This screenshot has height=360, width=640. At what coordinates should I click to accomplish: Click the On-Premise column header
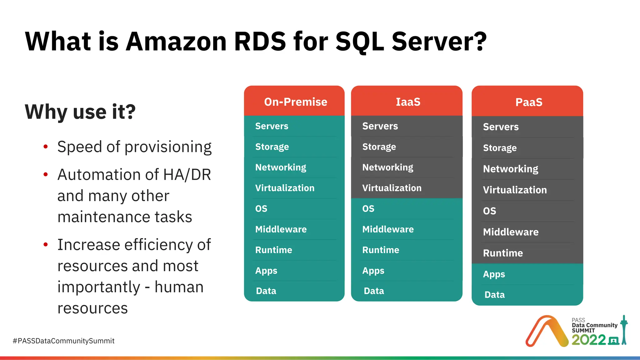[x=295, y=102]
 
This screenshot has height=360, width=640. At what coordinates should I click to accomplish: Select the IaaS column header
[x=408, y=102]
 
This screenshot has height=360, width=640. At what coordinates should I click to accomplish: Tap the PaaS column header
[x=528, y=102]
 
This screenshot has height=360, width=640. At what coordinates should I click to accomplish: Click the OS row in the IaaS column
[x=368, y=209]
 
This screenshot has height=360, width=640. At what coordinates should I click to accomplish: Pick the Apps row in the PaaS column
[x=494, y=274]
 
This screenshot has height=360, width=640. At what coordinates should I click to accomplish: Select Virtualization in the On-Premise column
[x=285, y=188]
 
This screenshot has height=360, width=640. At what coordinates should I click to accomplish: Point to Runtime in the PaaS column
[x=503, y=253]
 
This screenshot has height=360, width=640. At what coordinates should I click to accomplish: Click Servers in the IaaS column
[x=380, y=126]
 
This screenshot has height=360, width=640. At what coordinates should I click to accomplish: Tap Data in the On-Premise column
[x=266, y=291]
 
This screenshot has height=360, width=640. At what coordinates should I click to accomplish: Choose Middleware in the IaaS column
[x=388, y=229]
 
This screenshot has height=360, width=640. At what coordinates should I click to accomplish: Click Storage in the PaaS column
[x=500, y=148]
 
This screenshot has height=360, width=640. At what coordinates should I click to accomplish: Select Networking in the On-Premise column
[x=281, y=167]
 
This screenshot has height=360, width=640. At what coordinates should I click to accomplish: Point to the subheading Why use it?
[x=80, y=112]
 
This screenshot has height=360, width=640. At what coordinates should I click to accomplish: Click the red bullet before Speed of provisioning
[x=46, y=147]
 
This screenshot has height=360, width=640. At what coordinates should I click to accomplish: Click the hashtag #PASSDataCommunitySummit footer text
[x=63, y=341]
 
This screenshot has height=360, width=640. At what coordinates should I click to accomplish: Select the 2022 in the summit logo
[x=588, y=340]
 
